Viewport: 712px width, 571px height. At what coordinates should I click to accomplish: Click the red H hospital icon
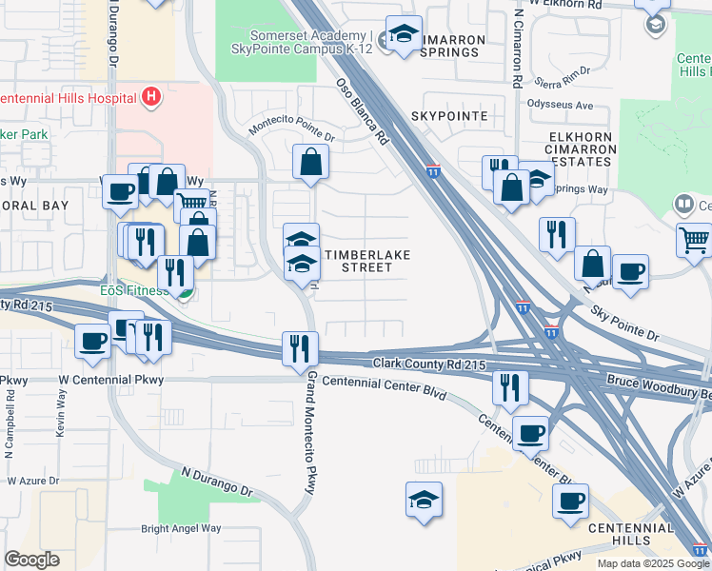148,96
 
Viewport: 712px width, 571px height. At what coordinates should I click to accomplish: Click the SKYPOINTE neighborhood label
449,116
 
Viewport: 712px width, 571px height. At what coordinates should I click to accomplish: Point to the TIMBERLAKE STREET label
359,261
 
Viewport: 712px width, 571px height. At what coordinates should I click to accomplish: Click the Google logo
31,560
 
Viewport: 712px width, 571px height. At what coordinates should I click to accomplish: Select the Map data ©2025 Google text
652,563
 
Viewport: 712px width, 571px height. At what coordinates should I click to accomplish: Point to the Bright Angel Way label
181,528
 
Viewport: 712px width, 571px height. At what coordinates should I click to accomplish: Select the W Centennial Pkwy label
110,380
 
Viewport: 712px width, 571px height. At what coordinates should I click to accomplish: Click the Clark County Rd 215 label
429,364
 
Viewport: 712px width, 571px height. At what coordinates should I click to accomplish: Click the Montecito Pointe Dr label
291,130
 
